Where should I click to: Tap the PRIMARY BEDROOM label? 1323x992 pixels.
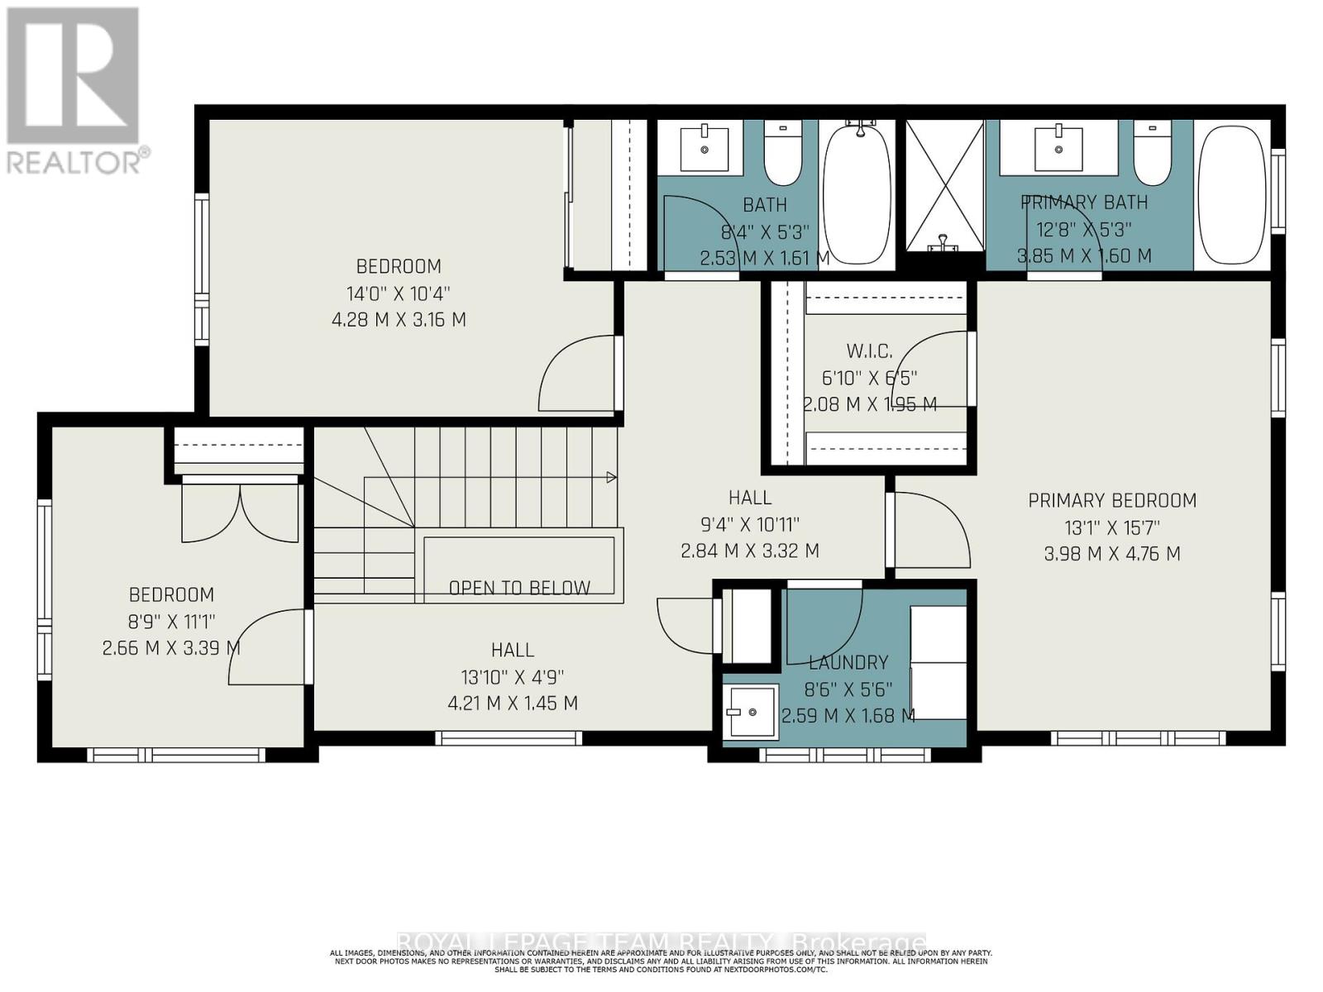pyautogui.click(x=1112, y=500)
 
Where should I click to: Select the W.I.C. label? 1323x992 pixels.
pyautogui.click(x=869, y=351)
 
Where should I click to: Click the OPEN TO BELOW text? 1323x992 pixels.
pyautogui.click(x=519, y=588)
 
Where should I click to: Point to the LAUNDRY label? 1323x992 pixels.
pyautogui.click(x=848, y=662)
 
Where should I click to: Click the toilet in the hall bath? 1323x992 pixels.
pyautogui.click(x=782, y=153)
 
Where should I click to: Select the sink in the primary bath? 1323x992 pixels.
pyautogui.click(x=1058, y=149)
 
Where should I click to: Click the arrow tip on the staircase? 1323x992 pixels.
pyautogui.click(x=612, y=477)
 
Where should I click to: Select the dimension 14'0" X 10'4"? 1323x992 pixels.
pyautogui.click(x=399, y=293)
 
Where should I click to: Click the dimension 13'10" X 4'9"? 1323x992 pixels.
pyautogui.click(x=513, y=677)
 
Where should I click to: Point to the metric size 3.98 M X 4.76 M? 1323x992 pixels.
pyautogui.click(x=1112, y=554)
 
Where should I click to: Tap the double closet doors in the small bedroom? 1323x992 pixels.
pyautogui.click(x=240, y=513)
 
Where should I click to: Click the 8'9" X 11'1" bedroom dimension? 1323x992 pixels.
pyautogui.click(x=171, y=622)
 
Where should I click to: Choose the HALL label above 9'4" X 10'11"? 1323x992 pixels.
pyautogui.click(x=750, y=498)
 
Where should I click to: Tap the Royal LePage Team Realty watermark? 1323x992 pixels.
pyautogui.click(x=661, y=942)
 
